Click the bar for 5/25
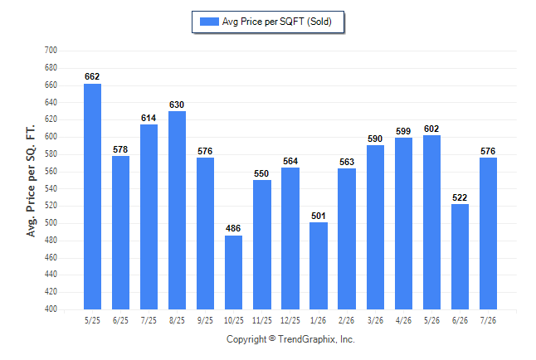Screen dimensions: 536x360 pyautogui.click(x=92, y=197)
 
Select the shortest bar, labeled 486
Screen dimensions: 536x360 pyautogui.click(x=233, y=272)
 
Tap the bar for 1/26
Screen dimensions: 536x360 pyautogui.click(x=319, y=266)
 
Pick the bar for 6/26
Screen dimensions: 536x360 pyautogui.click(x=460, y=257)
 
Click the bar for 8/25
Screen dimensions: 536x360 pyautogui.click(x=177, y=210)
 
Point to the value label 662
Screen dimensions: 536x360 pyautogui.click(x=92, y=76)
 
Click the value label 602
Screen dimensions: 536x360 pyautogui.click(x=431, y=129)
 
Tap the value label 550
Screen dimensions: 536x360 pyautogui.click(x=261, y=173)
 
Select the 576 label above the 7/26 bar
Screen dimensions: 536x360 pyautogui.click(x=488, y=151)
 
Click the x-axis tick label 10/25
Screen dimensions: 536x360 pyautogui.click(x=234, y=320)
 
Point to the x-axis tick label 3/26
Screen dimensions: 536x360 pyautogui.click(x=375, y=320)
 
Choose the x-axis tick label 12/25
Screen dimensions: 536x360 pyautogui.click(x=290, y=320)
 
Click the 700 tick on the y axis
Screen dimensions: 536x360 pyautogui.click(x=51, y=51)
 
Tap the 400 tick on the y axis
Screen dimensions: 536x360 pyautogui.click(x=51, y=309)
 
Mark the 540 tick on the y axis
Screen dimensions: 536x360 pyautogui.click(x=51, y=188)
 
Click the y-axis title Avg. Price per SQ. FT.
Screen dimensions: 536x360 pyautogui.click(x=31, y=181)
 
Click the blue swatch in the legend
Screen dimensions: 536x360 pyautogui.click(x=209, y=22)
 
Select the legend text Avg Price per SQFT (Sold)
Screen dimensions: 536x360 pyautogui.click(x=277, y=22)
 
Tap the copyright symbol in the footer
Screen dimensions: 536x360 pyautogui.click(x=272, y=338)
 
